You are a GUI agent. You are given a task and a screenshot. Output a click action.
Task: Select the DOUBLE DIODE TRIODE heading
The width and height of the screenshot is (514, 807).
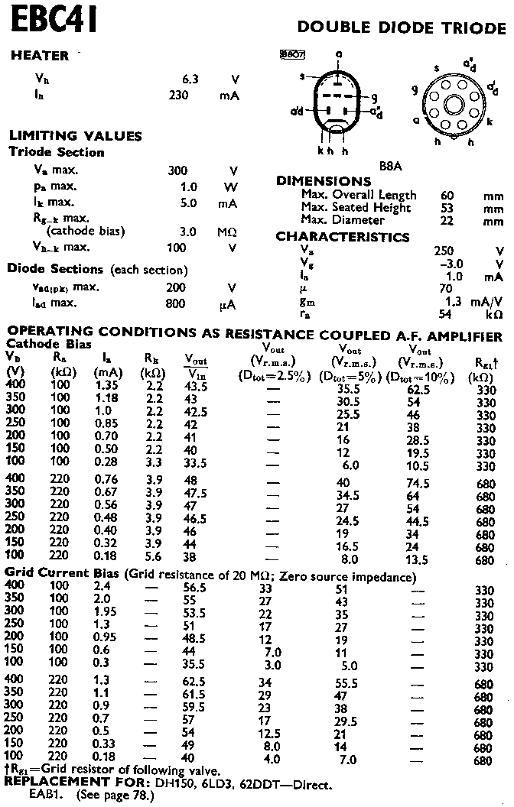coord(401,28)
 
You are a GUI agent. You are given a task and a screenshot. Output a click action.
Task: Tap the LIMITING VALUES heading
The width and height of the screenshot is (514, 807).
coord(75,136)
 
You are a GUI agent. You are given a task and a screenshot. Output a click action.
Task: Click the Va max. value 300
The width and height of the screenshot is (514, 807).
coord(177,171)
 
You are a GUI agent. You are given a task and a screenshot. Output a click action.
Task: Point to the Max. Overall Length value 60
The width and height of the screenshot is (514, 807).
coord(447,195)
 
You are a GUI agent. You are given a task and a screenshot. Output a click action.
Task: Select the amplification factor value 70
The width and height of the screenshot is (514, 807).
coord(445,289)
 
